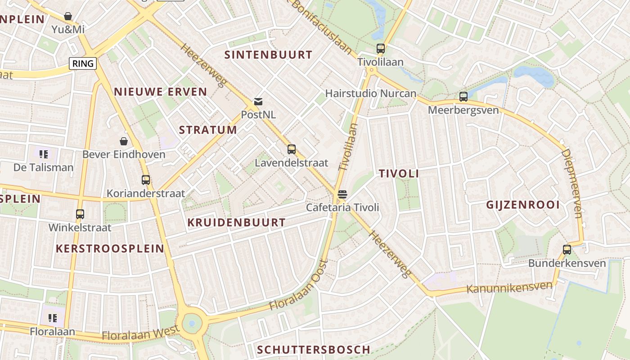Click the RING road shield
tap(83, 63)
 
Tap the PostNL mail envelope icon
tap(258, 102)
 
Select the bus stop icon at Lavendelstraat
tap(292, 149)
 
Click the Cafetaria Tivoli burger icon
tap(342, 194)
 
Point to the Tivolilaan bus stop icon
tap(381, 49)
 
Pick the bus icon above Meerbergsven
tap(463, 97)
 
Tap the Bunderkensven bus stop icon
tap(567, 250)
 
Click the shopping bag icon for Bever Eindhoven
tap(124, 141)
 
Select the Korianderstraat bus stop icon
tap(146, 180)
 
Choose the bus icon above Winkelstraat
tap(80, 214)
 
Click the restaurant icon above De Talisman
tap(44, 154)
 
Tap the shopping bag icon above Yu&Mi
tap(68, 17)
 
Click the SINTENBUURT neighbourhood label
tap(268, 55)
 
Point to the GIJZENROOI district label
tap(523, 205)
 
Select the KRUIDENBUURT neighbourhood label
tap(236, 222)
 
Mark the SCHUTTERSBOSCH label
tap(314, 350)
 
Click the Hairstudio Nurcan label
tap(371, 94)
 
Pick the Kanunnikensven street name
tap(509, 288)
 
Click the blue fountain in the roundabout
tap(192, 323)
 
